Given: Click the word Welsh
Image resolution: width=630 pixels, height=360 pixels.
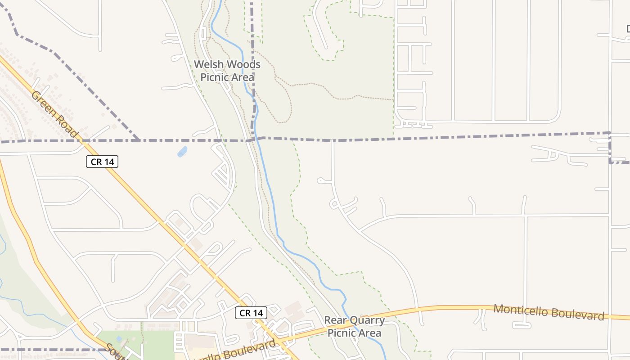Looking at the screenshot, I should pyautogui.click(x=208, y=65).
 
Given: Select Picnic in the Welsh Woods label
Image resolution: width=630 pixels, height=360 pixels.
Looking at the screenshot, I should pyautogui.click(x=214, y=77).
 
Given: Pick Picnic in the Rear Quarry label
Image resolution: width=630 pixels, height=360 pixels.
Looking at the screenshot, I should pyautogui.click(x=341, y=333).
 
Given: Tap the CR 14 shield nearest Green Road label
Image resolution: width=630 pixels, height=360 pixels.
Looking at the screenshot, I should pyautogui.click(x=102, y=162).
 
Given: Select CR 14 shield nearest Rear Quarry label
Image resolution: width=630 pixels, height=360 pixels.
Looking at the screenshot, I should pyautogui.click(x=251, y=313).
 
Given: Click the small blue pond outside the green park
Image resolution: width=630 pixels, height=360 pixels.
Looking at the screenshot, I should pyautogui.click(x=182, y=152).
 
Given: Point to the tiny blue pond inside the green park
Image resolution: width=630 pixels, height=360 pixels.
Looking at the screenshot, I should pyautogui.click(x=119, y=338).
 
